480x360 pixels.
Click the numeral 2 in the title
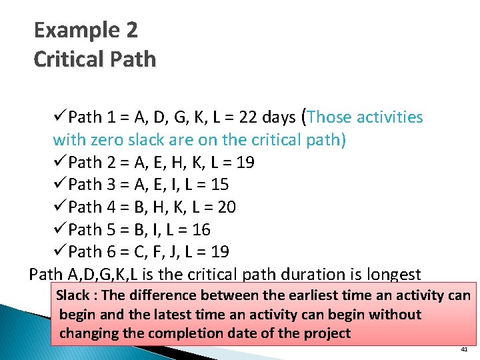pos(131,31)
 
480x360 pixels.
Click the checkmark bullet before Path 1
pos(59,117)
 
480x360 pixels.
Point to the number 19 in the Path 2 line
pos(245,163)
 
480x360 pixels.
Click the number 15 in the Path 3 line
pos(219,185)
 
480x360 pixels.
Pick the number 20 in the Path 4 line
pos(226,207)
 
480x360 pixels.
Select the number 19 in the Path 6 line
pos(220,252)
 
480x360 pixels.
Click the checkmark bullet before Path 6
pos(59,252)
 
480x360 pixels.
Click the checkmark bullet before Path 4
pos(59,207)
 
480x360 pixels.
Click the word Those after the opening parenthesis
pos(331,117)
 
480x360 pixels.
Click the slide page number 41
pos(464,349)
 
